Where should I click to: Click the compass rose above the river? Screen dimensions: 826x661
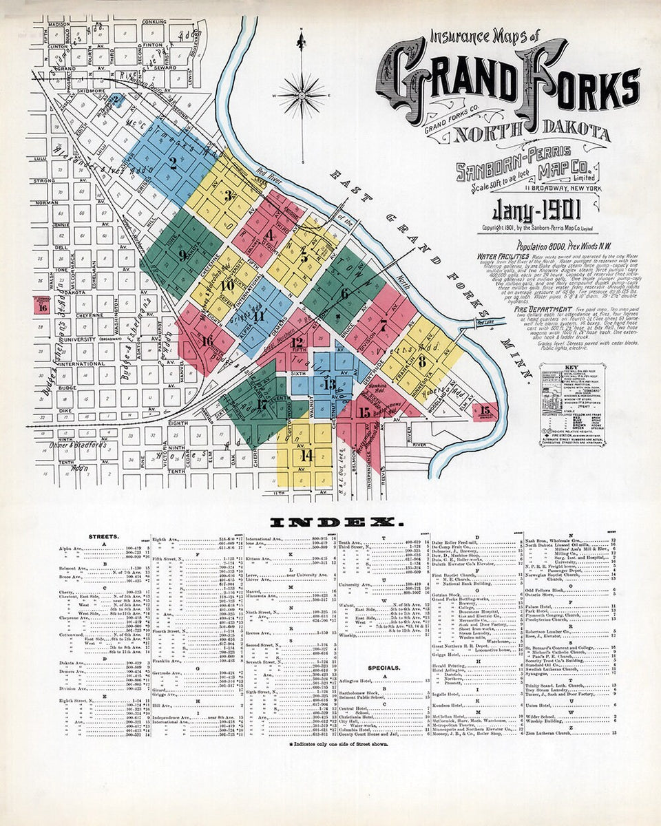point(301,94)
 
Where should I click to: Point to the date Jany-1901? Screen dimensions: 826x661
point(536,209)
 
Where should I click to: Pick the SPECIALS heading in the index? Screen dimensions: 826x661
point(384,667)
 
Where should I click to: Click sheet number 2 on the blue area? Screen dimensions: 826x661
point(173,164)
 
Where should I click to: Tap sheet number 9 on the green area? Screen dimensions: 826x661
point(182,254)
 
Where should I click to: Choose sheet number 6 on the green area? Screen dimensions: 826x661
point(344,292)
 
